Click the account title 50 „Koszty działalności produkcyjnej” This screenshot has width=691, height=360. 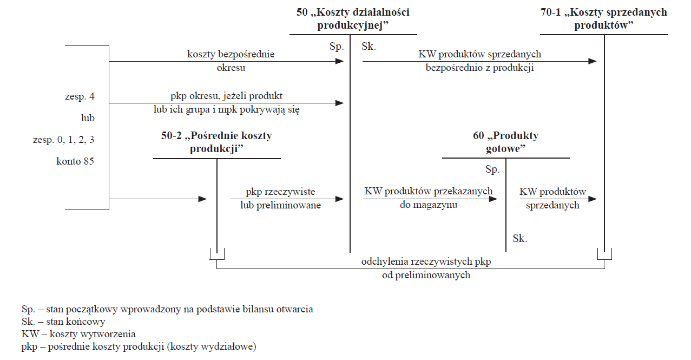click(353, 18)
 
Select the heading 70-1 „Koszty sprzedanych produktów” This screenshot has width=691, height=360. click(604, 18)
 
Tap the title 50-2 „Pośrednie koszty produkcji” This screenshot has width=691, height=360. click(216, 142)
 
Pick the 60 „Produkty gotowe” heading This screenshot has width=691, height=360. click(505, 142)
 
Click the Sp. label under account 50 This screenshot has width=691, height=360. click(337, 47)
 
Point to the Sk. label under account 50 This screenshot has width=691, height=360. click(368, 47)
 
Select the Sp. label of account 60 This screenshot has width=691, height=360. click(492, 169)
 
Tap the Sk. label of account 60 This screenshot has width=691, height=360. click(520, 238)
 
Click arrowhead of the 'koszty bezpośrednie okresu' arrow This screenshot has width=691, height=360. click(340, 61)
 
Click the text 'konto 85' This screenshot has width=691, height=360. click(75, 161)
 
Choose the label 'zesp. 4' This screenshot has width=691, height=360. click(80, 96)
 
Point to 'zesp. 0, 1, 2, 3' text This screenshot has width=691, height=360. click(63, 140)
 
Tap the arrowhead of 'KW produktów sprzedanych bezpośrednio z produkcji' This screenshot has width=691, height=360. click(593, 61)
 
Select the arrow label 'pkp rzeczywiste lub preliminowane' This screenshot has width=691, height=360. click(280, 198)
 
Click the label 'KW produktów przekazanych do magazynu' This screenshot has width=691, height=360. click(429, 198)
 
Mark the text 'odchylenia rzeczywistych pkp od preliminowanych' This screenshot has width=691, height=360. click(426, 268)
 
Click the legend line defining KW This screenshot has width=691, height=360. click(78, 334)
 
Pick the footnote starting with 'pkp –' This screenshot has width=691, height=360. click(139, 346)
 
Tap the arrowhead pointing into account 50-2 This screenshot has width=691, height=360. click(203, 199)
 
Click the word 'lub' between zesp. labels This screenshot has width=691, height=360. click(88, 118)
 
